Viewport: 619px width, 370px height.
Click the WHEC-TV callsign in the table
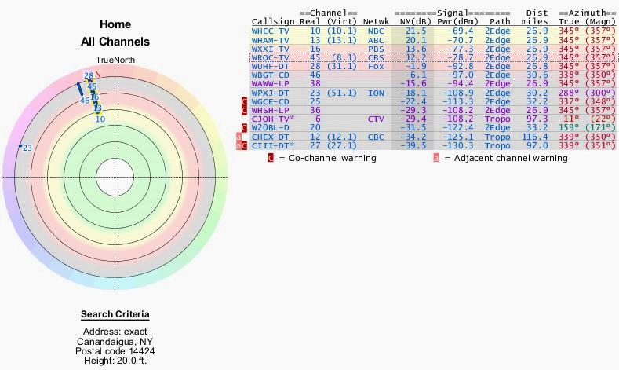coord(270,31)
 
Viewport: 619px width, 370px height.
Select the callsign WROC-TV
coord(270,57)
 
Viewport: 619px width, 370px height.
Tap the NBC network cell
coord(377,31)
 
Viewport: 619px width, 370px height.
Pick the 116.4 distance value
coord(537,137)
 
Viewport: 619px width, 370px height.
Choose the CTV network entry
coord(377,119)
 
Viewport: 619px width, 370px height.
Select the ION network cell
coord(377,93)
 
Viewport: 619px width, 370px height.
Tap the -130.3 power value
coord(461,146)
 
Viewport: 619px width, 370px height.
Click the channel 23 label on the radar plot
coord(27,148)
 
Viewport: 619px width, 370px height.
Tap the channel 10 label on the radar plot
coord(100,119)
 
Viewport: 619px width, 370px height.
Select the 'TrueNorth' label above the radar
coord(115,60)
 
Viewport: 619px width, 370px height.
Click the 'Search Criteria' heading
coord(115,315)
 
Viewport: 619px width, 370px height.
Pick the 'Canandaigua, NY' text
coord(115,342)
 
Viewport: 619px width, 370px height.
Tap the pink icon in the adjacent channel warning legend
coord(435,158)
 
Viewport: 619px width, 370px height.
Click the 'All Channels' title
coord(115,42)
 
